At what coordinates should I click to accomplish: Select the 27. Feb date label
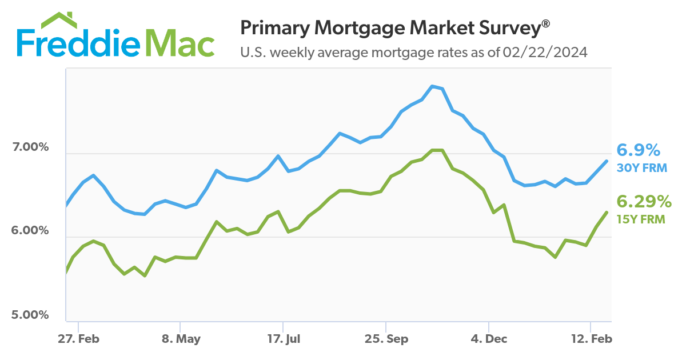coord(79,339)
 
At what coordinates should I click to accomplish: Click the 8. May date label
coord(181,339)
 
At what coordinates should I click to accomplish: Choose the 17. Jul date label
coord(284,339)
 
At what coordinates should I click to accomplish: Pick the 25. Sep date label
coord(387,339)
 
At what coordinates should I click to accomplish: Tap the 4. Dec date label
coord(488,339)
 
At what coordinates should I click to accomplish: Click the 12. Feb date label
coord(592,339)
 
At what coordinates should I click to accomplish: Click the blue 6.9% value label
coord(638,151)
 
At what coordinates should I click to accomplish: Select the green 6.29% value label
coord(643,202)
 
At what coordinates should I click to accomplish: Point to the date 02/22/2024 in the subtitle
coord(545,53)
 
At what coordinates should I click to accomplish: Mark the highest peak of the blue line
coord(433,86)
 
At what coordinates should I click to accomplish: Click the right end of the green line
coord(607,212)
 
